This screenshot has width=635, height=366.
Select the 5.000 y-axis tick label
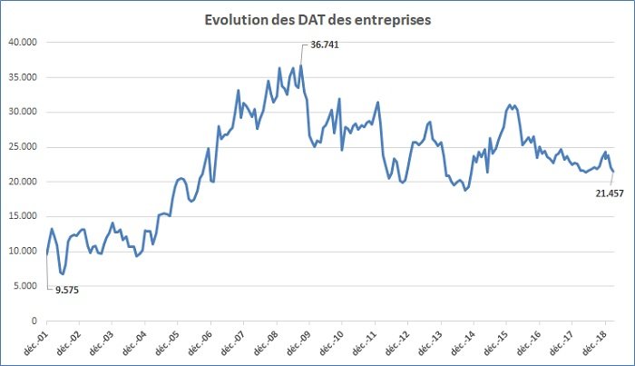[27, 286]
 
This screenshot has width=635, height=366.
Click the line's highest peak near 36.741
[301, 65]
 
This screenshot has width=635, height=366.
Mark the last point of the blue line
[613, 172]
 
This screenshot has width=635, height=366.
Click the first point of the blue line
[46, 253]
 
